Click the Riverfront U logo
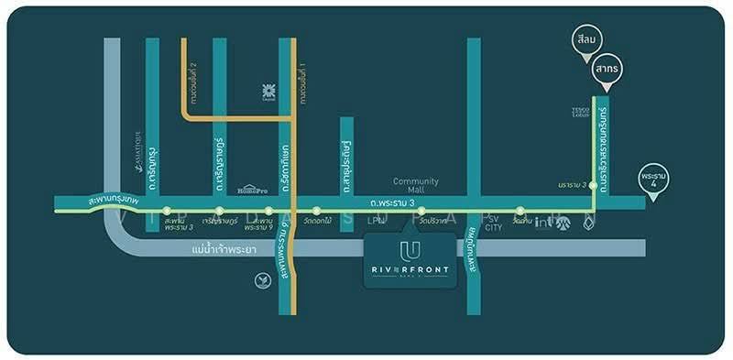click(410, 250)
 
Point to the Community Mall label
click(417, 186)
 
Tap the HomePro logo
click(251, 189)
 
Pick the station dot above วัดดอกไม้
click(317, 211)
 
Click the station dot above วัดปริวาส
click(421, 211)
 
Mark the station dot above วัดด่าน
click(520, 211)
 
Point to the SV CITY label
click(493, 224)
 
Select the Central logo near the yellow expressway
click(268, 92)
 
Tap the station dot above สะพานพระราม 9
click(268, 211)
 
